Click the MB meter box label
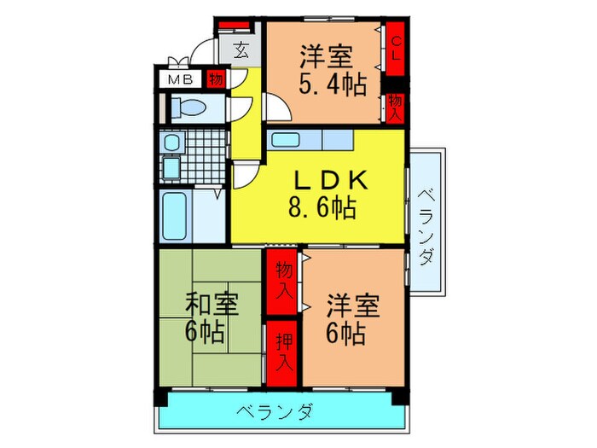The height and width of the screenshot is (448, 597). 179,80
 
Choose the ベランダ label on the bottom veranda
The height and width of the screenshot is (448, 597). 275,413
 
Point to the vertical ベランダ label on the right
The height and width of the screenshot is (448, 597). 426,224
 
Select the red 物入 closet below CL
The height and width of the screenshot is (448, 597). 396,108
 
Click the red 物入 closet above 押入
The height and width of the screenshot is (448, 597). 282,281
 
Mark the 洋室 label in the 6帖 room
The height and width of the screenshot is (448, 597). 351,305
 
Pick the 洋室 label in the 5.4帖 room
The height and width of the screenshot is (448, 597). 325,59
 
